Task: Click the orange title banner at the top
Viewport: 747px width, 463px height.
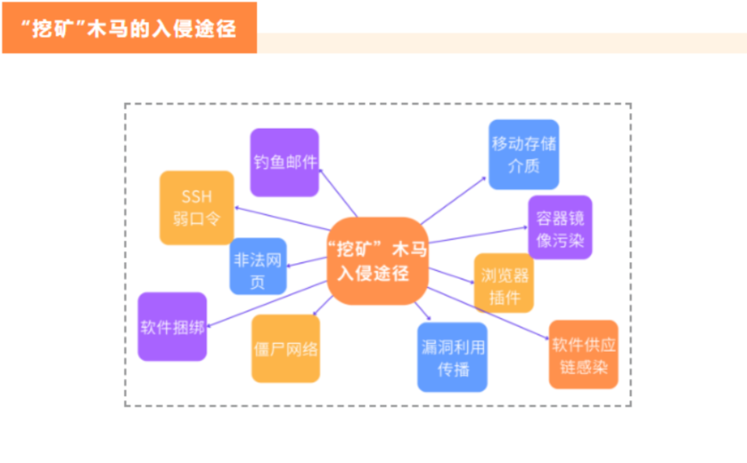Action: [x=129, y=28]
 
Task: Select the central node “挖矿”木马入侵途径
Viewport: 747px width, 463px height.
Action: [x=377, y=261]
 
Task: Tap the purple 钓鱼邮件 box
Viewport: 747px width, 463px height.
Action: [x=284, y=162]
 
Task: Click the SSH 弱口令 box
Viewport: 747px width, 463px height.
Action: [x=197, y=208]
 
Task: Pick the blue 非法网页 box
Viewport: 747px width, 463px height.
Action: [x=258, y=266]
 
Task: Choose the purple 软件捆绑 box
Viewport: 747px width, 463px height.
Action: [x=172, y=327]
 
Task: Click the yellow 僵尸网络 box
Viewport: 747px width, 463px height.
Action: [x=286, y=349]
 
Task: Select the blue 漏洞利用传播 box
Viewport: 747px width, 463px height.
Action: [x=452, y=357]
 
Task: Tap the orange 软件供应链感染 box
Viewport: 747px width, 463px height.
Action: [x=584, y=354]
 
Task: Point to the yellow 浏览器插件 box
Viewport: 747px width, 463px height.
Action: [x=504, y=283]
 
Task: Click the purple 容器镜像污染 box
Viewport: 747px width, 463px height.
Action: [x=560, y=227]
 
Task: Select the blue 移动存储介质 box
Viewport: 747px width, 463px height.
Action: [x=524, y=154]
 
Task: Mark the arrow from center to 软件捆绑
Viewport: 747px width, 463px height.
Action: [x=266, y=304]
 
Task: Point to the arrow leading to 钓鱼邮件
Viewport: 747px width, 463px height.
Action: [x=338, y=193]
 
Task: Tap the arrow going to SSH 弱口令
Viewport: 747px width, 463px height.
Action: [x=282, y=219]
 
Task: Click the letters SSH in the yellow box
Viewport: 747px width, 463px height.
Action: [x=197, y=196]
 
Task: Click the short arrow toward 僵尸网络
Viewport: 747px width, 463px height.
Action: [x=323, y=306]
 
